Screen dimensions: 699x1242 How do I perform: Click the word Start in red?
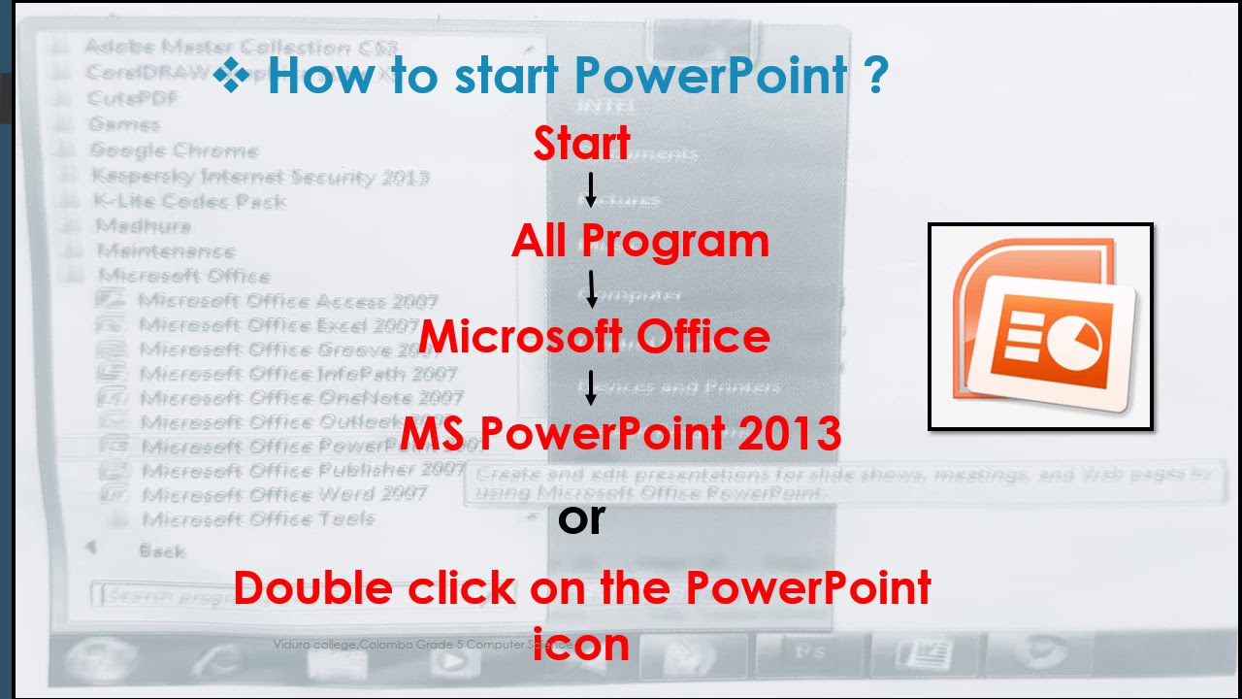[x=582, y=144]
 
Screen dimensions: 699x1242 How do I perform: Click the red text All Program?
[x=640, y=241]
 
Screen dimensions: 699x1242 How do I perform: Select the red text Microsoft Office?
[x=595, y=336]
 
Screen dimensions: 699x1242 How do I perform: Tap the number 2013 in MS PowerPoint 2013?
[x=789, y=433]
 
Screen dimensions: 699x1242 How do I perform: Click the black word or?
[x=581, y=518]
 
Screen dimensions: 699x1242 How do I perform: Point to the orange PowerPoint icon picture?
[x=1041, y=326]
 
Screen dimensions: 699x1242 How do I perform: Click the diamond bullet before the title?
[x=232, y=75]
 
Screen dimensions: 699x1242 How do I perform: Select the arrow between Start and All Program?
[x=590, y=190]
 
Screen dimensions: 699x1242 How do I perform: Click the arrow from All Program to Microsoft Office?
[x=591, y=289]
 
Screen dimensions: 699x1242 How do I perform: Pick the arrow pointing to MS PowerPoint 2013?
[x=591, y=386]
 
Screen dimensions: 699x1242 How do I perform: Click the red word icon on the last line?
[x=581, y=643]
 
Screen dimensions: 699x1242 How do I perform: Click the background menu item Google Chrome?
[x=174, y=150]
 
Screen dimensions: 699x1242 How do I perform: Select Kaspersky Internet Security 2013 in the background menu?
[x=260, y=177]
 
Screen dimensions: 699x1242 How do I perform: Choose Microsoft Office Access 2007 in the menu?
[x=288, y=301]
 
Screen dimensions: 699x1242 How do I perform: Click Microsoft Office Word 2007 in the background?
[x=284, y=494]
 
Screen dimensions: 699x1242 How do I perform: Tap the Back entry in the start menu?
[x=161, y=550]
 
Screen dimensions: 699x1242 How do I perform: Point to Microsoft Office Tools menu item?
[x=258, y=518]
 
